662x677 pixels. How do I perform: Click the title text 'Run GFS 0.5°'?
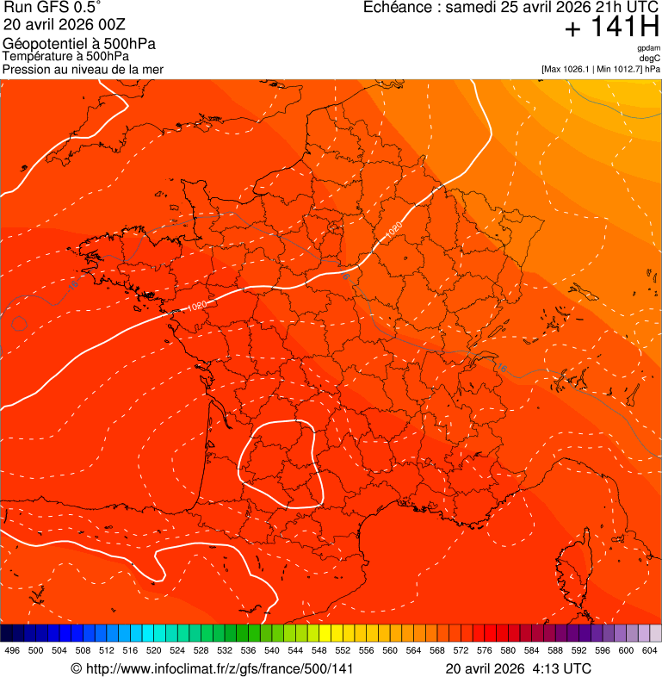53,9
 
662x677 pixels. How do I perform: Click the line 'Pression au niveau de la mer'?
83,69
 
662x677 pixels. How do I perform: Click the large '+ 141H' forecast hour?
611,28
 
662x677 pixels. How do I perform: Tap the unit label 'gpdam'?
648,48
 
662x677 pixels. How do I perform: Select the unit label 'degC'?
650,59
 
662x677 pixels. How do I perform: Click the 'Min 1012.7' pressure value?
620,69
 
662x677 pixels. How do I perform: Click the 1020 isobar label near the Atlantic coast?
197,306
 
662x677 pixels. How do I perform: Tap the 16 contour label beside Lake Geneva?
502,368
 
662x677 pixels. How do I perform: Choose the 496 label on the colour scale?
12,650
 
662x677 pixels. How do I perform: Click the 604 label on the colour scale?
649,650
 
